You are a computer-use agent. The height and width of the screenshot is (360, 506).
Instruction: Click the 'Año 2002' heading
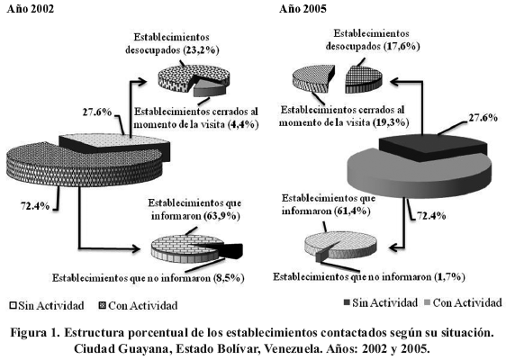[x=31, y=9]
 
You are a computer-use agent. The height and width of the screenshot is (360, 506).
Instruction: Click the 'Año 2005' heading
[x=303, y=9]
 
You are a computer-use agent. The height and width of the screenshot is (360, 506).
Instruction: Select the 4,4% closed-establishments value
[x=243, y=124]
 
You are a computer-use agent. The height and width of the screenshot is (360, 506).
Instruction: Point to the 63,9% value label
[x=222, y=216]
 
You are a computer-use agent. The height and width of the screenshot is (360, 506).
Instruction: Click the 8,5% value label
[x=229, y=278]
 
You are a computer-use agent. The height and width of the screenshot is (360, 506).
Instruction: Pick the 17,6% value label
[x=402, y=46]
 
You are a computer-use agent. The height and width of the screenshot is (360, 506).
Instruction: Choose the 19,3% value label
[x=391, y=122]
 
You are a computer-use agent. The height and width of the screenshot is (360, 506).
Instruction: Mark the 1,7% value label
[x=450, y=277]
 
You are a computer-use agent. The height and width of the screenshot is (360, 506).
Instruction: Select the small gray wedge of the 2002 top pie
[x=210, y=87]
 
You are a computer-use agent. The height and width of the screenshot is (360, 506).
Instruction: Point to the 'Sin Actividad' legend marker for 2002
[x=13, y=305]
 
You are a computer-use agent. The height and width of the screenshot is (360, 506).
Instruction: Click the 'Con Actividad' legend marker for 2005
[x=429, y=302]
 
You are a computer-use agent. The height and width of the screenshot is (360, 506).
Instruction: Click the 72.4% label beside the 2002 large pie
[x=35, y=205]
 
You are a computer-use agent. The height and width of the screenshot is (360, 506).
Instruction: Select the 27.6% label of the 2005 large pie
[x=483, y=118]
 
